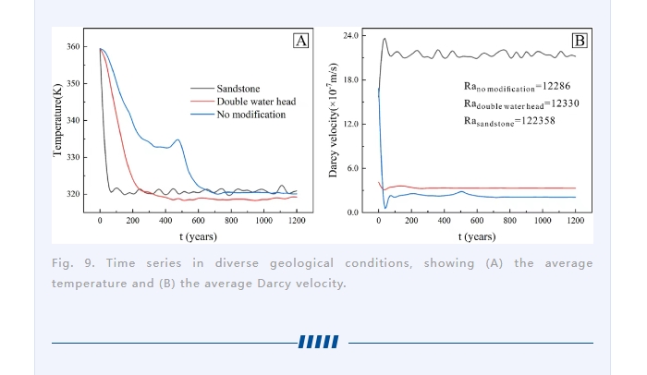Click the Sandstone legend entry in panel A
coord(238,89)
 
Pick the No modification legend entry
coord(250,115)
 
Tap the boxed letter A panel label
coord(300,41)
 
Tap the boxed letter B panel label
coord(580,41)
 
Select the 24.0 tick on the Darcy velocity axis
coord(351,35)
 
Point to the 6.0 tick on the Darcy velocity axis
coord(352,168)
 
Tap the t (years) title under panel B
coord(477,236)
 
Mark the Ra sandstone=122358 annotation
coord(508,121)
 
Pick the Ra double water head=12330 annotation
coord(520,103)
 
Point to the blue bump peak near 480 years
coord(178,140)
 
